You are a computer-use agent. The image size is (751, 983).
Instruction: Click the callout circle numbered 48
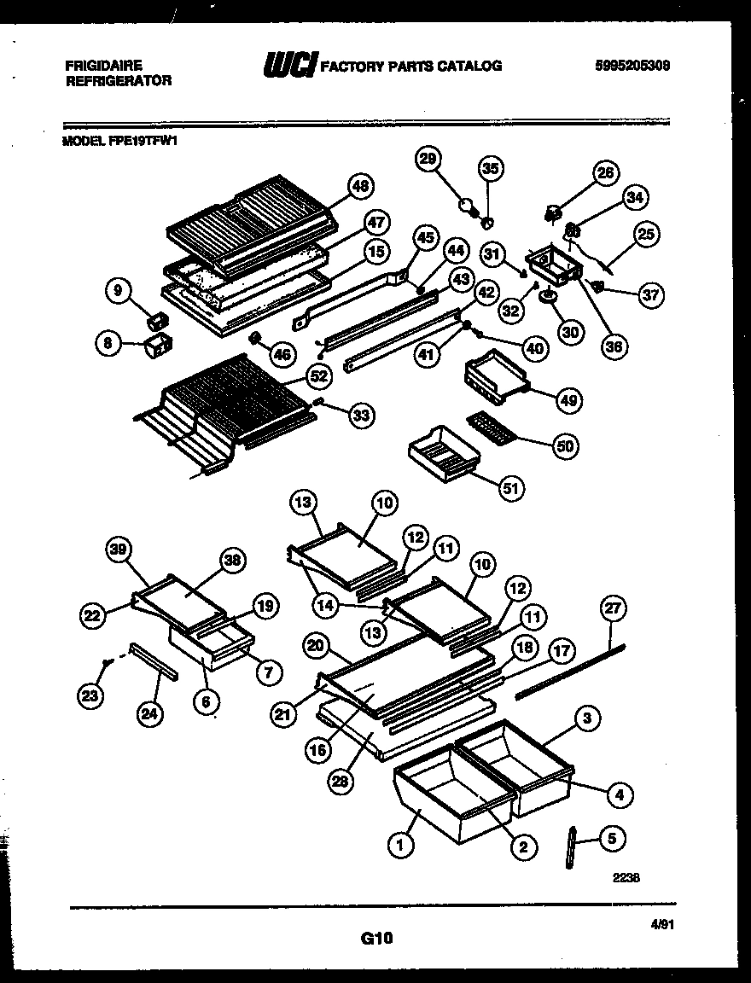(361, 186)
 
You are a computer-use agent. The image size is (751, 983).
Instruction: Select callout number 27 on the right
(613, 609)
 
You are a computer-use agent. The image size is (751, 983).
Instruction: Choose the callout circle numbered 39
(119, 551)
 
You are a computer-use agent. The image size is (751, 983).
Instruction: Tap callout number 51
(512, 487)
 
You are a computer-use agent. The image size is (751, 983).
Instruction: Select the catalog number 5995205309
(632, 66)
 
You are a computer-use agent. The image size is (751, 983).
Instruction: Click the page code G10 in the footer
(375, 939)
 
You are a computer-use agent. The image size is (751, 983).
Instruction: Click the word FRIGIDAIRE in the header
(103, 65)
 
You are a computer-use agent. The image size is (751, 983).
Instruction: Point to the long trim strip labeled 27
(563, 668)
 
